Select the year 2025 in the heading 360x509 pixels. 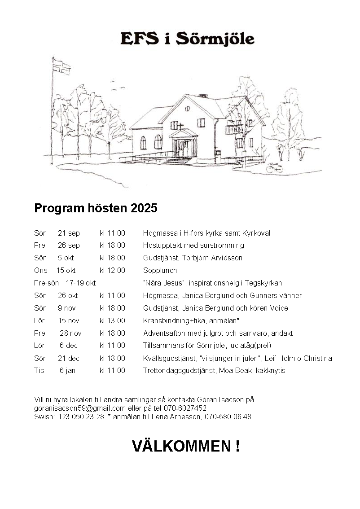(144, 208)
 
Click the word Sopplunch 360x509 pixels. (160, 271)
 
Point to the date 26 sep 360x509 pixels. (69, 246)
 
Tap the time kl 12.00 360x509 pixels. (112, 271)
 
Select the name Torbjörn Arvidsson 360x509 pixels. (212, 258)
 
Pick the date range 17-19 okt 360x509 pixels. (81, 283)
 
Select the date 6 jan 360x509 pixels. (67, 371)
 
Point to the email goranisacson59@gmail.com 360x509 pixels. (79, 408)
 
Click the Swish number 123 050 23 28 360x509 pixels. (81, 417)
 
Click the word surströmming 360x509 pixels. (223, 246)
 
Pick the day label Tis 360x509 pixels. (39, 371)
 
